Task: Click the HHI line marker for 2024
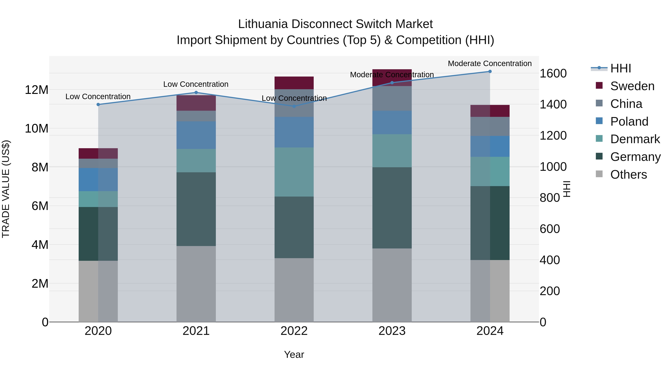click(490, 71)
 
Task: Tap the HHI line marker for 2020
click(98, 105)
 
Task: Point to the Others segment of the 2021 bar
click(196, 284)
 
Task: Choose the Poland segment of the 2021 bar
click(196, 135)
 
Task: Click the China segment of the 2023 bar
click(392, 98)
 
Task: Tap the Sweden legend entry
click(632, 86)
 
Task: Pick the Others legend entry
click(628, 175)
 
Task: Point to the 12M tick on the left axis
click(37, 90)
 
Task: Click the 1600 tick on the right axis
click(553, 73)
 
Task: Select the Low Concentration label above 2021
click(196, 84)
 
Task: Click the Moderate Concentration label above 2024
click(489, 63)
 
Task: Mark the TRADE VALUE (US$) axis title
click(6, 189)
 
